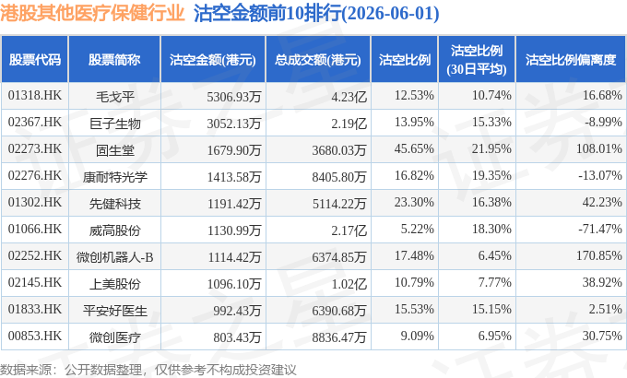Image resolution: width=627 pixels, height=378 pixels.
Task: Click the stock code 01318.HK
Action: point(35,95)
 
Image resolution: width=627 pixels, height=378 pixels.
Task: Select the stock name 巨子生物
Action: point(114,124)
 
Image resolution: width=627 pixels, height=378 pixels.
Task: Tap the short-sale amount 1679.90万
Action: point(234,150)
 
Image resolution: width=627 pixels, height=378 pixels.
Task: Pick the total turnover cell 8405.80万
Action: point(339,177)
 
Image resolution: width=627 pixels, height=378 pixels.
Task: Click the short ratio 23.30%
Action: point(414,202)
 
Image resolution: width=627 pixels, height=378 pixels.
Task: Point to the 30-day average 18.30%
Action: point(491,229)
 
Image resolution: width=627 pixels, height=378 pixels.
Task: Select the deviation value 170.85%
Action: point(599,255)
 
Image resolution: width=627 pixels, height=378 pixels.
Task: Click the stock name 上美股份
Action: point(114,284)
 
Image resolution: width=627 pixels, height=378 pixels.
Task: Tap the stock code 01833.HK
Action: point(35,309)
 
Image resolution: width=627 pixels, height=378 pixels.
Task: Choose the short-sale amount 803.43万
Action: point(237,337)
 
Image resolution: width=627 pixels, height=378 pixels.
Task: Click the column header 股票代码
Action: point(35,60)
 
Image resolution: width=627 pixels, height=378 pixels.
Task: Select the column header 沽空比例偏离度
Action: point(571,60)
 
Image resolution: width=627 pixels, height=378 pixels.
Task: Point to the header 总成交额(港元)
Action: point(318,60)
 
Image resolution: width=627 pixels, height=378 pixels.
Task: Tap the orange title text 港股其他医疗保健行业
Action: point(92,13)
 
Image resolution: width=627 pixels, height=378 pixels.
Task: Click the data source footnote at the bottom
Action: point(148,370)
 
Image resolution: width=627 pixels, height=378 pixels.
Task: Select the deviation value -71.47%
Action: point(600,229)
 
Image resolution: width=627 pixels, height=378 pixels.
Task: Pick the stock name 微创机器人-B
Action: point(114,257)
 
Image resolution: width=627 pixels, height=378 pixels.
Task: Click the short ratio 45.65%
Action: point(414,148)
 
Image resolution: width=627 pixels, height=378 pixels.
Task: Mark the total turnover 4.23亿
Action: point(349,97)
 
